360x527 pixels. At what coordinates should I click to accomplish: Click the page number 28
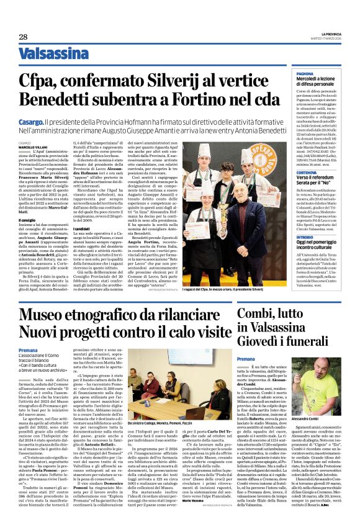point(23,37)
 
